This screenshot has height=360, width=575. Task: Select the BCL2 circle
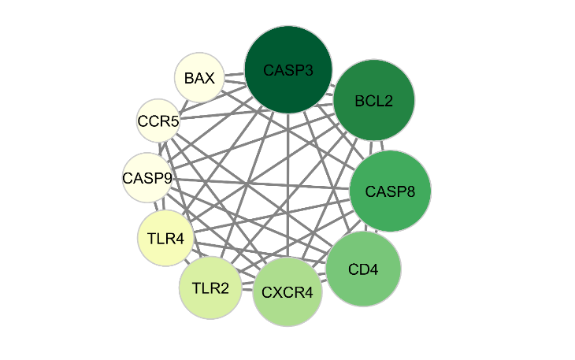click(374, 101)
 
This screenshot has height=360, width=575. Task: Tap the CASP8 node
click(390, 191)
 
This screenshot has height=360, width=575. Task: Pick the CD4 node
click(363, 269)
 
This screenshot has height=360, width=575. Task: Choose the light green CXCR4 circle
click(287, 293)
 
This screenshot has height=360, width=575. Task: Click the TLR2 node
click(210, 288)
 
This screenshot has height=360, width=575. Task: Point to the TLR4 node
click(165, 236)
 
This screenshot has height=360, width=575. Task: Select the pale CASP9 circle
click(147, 178)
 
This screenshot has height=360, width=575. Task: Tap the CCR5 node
click(158, 121)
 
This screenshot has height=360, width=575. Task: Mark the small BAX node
click(199, 78)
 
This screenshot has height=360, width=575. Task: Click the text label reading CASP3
click(289, 71)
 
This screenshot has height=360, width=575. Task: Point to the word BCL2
click(374, 101)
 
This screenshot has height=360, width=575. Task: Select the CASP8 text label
click(390, 191)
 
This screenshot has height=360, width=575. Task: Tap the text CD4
click(363, 269)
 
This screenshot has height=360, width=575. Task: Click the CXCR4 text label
click(287, 293)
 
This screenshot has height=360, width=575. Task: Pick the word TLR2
click(210, 288)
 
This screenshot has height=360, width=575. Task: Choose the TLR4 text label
click(165, 236)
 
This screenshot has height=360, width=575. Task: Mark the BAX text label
click(199, 78)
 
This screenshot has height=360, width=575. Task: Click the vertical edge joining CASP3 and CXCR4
click(287, 197)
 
